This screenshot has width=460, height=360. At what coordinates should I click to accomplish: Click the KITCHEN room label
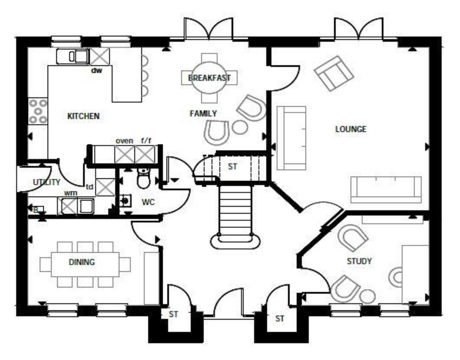(x=83, y=116)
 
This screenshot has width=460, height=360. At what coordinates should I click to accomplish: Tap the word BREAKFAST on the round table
(x=209, y=78)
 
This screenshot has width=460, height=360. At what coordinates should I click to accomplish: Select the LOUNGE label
(x=350, y=129)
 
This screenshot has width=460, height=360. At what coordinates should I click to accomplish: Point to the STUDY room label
(x=359, y=261)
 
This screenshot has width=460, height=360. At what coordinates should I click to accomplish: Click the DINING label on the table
(x=82, y=262)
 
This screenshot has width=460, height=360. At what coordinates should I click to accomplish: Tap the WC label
(x=148, y=202)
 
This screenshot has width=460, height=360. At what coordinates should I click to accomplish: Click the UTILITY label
(x=47, y=182)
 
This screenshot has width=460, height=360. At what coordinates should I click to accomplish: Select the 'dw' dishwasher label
(x=97, y=70)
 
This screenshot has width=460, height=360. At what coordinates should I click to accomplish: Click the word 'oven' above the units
(x=124, y=141)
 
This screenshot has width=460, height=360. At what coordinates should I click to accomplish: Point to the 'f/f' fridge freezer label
(x=146, y=141)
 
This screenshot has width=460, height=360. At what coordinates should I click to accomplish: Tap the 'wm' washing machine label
(x=71, y=193)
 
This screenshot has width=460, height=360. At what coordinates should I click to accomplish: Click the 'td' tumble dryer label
(x=89, y=187)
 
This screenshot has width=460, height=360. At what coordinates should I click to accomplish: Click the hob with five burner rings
(x=38, y=111)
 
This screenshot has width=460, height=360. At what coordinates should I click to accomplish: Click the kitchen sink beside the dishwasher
(x=73, y=56)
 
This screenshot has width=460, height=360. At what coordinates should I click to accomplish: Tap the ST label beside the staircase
(x=232, y=166)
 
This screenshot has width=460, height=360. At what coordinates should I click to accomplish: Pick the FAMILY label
(x=203, y=114)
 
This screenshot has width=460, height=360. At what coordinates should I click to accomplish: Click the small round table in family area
(x=240, y=127)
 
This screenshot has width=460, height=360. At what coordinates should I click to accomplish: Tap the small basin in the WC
(x=126, y=200)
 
